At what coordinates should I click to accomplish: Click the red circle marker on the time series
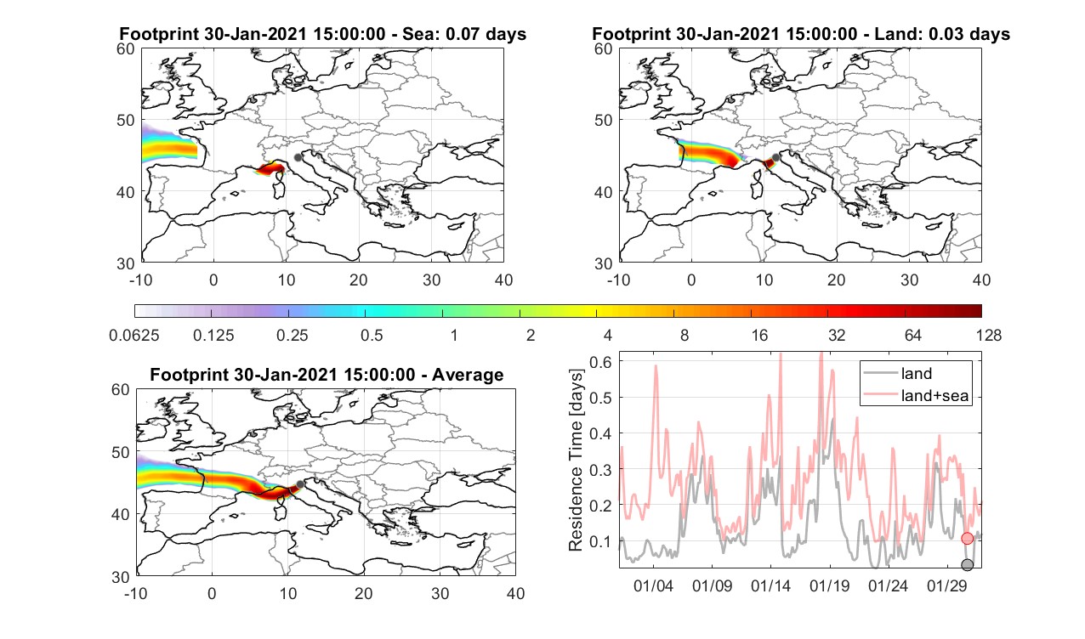point(967,539)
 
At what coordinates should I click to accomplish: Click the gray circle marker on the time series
point(967,564)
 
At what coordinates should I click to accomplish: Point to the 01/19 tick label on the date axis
point(829,585)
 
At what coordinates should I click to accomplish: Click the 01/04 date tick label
point(653,585)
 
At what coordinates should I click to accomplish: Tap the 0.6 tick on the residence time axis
point(600,361)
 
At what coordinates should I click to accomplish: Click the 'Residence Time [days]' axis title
point(576,461)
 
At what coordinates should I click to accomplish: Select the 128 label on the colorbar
point(989,335)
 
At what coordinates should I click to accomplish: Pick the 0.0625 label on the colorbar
point(134,335)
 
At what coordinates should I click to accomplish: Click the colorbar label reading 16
point(759,335)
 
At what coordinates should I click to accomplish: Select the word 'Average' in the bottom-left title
point(468,375)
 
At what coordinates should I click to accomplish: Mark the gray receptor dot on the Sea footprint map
point(298,157)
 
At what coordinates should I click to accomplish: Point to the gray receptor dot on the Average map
point(300,484)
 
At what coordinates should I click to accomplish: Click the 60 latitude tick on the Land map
point(604,49)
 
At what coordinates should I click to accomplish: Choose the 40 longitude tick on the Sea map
point(503,280)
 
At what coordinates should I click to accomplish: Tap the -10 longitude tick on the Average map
point(136,593)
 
